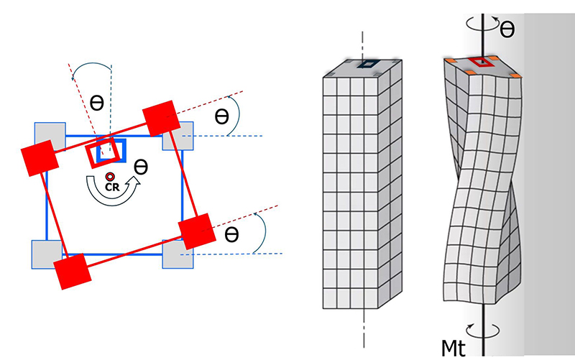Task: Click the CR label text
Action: pos(110,188)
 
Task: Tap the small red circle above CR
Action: pos(110,177)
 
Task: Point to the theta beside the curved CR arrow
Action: pos(142,167)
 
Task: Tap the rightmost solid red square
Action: pos(197,231)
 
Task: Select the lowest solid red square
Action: pos(74,271)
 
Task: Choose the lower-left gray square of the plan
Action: pos(45,253)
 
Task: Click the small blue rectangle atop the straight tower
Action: pos(370,65)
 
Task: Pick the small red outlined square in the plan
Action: pos(99,154)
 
